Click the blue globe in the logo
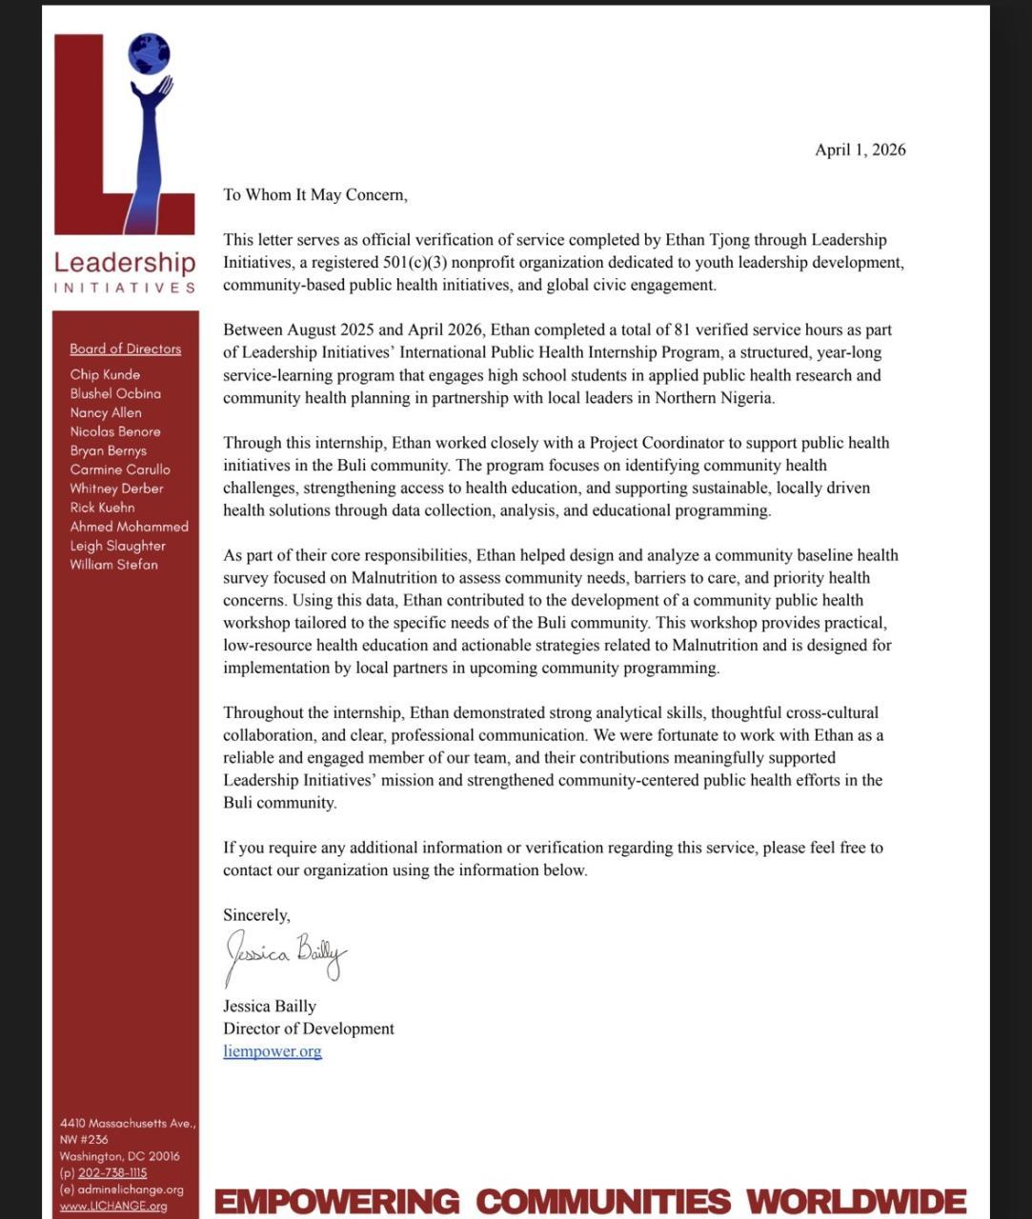pyautogui.click(x=149, y=53)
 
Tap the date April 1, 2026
pyautogui.click(x=860, y=150)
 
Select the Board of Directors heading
pyautogui.click(x=125, y=349)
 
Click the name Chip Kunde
pyautogui.click(x=105, y=374)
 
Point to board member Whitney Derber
pyautogui.click(x=116, y=489)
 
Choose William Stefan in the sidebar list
pyautogui.click(x=113, y=565)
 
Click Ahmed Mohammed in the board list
pyautogui.click(x=129, y=527)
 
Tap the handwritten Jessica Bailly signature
pyautogui.click(x=285, y=955)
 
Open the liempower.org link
pyautogui.click(x=273, y=1051)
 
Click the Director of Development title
pyautogui.click(x=308, y=1029)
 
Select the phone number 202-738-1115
pyautogui.click(x=112, y=1173)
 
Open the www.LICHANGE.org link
pyautogui.click(x=112, y=1206)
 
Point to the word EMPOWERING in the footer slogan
pyautogui.click(x=336, y=1201)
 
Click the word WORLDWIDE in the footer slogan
pyautogui.click(x=856, y=1201)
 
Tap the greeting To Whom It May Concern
pyautogui.click(x=314, y=195)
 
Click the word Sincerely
pyautogui.click(x=256, y=915)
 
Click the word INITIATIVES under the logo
pyautogui.click(x=125, y=288)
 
